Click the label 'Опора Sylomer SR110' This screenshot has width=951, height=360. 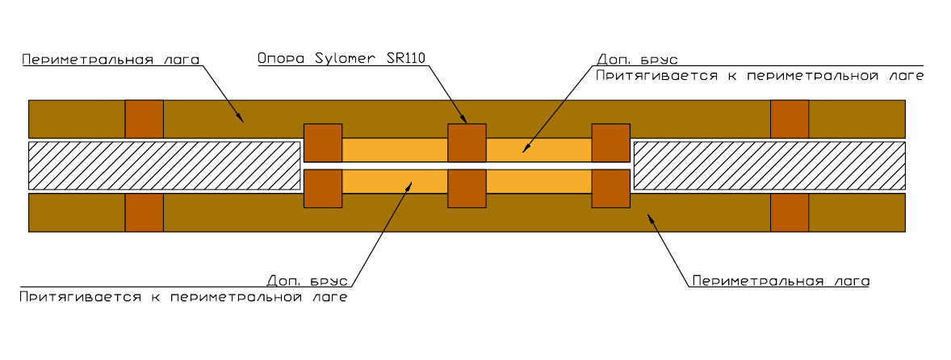click(x=341, y=58)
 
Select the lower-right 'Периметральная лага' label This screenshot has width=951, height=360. click(x=780, y=281)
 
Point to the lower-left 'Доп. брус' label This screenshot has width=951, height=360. click(x=308, y=281)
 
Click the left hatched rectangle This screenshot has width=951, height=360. click(x=162, y=165)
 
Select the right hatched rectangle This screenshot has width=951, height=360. click(x=769, y=165)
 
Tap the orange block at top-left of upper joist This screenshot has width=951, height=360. click(x=144, y=119)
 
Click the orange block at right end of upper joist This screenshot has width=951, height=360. click(x=790, y=119)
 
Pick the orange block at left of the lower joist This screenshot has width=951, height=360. click(x=144, y=212)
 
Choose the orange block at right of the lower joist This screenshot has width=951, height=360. click(x=790, y=212)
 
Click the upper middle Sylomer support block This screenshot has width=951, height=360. click(x=467, y=143)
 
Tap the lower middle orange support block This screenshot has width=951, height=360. click(x=467, y=189)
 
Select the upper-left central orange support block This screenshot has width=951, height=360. click(x=323, y=143)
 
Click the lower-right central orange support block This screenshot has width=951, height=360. click(x=611, y=189)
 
